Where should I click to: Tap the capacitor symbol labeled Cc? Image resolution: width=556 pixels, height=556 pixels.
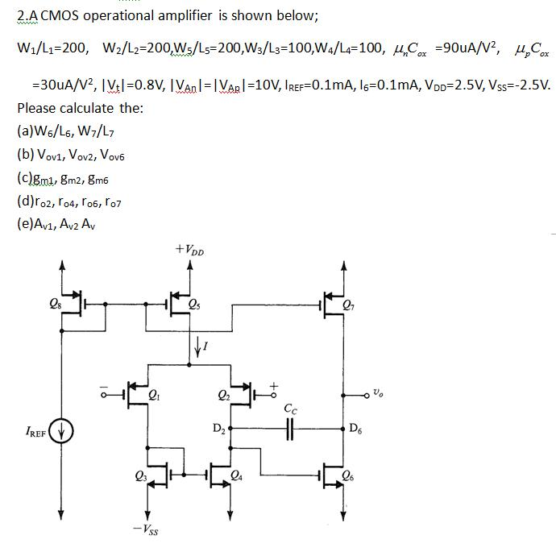[x=289, y=429]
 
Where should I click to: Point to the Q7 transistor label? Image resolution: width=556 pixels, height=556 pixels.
[x=347, y=305]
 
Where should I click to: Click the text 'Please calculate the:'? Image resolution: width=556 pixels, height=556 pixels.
[x=80, y=108]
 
